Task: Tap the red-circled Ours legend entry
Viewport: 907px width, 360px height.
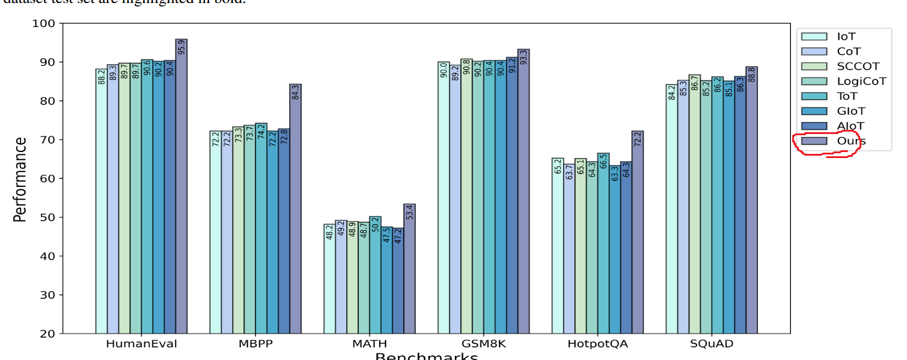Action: (x=851, y=141)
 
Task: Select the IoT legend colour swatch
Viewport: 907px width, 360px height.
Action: (x=817, y=37)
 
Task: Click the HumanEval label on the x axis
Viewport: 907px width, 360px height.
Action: (x=141, y=344)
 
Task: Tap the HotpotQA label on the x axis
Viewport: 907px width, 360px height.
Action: (x=597, y=344)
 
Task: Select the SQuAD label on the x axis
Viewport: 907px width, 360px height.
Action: (x=712, y=344)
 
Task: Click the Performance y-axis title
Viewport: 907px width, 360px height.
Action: (x=20, y=179)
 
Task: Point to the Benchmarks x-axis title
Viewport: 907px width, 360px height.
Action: (x=426, y=356)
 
